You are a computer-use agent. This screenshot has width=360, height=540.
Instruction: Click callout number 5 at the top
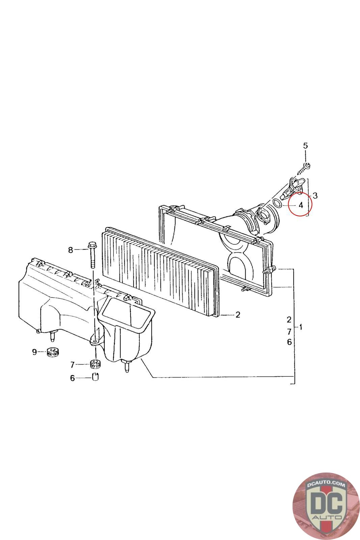click(305, 145)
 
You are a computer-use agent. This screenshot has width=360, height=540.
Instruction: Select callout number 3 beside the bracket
click(315, 195)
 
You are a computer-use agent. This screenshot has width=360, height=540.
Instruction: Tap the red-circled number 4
click(301, 206)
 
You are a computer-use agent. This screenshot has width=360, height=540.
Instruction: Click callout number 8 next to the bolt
click(71, 250)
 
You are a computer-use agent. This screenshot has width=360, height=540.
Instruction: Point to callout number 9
click(34, 352)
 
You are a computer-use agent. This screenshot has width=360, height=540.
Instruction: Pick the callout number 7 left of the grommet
click(72, 365)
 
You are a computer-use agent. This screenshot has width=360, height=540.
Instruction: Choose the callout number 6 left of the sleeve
click(72, 378)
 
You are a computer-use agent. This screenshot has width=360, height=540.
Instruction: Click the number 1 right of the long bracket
click(301, 327)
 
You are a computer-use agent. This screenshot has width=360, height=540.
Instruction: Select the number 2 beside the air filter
click(238, 315)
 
